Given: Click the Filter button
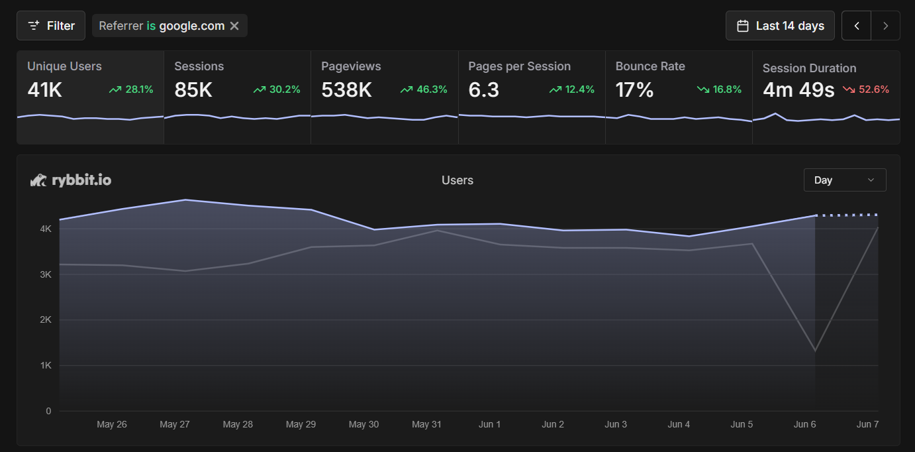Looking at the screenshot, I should coord(51,26).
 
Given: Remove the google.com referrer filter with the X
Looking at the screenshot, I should coord(234,26).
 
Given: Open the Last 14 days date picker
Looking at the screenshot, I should coord(780,26).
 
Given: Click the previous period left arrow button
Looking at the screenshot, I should coord(857,26).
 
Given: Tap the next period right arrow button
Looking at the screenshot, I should coord(886,26).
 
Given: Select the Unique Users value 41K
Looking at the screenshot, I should coord(44,90).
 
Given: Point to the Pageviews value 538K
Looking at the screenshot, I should coord(346,90).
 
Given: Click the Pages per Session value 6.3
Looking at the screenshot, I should coord(483,90).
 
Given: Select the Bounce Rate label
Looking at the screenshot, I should coord(650,66).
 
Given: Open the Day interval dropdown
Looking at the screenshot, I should coord(844,180).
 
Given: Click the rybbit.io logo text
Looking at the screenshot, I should coord(81,180).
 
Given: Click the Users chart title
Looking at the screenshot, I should coord(457,180).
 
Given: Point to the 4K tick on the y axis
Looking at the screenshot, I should coord(46,229).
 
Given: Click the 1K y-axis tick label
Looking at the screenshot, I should coord(46,366).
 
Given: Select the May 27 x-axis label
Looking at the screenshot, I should coord(175,424).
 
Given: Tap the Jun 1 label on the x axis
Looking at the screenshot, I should coord(490,424).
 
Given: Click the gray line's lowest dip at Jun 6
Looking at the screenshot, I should coord(815,351).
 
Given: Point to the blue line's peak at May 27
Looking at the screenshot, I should coord(185,199).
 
